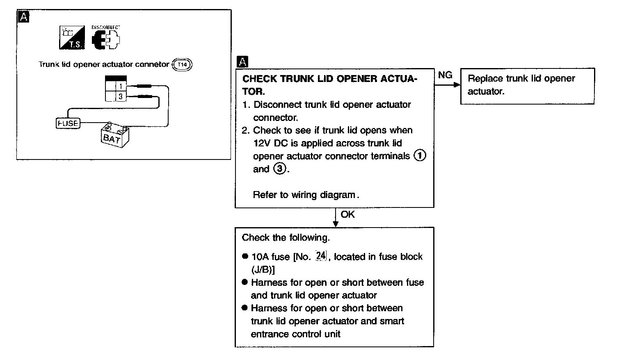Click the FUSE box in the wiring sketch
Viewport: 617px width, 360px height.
click(68, 123)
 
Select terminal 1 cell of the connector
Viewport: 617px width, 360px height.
click(121, 87)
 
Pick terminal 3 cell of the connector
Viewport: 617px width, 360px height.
click(121, 97)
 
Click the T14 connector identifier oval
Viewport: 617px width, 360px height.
click(183, 65)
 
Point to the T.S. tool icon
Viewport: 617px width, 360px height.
click(72, 38)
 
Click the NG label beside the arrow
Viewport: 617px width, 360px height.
click(445, 75)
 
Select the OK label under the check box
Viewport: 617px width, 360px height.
click(347, 214)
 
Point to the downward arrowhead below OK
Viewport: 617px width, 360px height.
click(336, 223)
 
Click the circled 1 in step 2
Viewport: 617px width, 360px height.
click(420, 156)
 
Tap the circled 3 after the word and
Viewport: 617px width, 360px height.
click(280, 169)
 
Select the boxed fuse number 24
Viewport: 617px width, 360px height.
click(320, 256)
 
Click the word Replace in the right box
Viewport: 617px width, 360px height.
click(485, 79)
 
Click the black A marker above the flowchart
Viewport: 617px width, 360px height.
click(242, 62)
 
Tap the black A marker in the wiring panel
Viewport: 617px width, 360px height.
click(24, 17)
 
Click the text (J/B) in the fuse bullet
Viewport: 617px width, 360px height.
click(263, 269)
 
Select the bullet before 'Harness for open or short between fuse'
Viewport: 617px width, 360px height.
click(245, 283)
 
